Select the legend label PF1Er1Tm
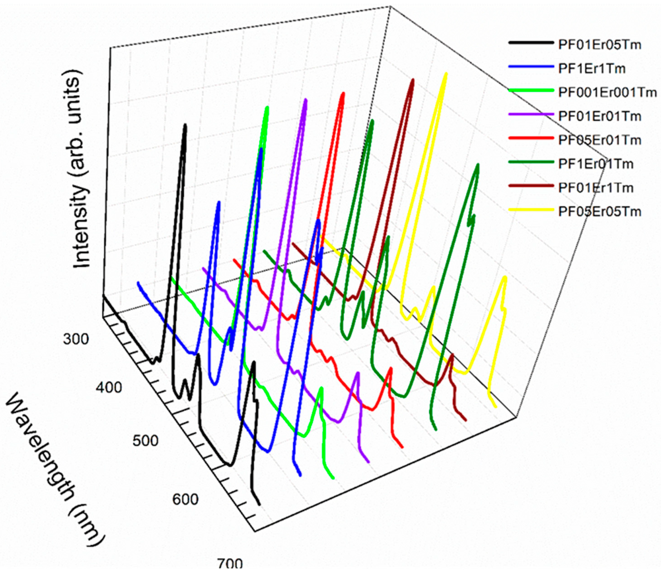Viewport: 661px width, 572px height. pyautogui.click(x=592, y=69)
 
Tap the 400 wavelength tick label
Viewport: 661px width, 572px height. pyautogui.click(x=109, y=387)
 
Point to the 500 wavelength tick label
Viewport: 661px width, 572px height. pyautogui.click(x=145, y=441)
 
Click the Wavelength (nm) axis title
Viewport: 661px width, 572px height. pyautogui.click(x=54, y=469)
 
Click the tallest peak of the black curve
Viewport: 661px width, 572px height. pyautogui.click(x=185, y=126)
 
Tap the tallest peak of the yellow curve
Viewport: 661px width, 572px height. pyautogui.click(x=446, y=75)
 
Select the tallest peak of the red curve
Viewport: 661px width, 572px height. pyautogui.click(x=343, y=94)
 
